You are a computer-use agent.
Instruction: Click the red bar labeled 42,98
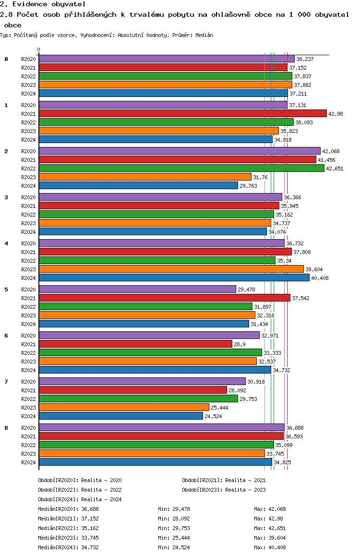(182, 113)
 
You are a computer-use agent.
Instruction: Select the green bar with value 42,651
(181, 168)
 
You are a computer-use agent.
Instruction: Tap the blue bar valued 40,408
(174, 278)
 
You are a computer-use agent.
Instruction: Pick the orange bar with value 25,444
(124, 407)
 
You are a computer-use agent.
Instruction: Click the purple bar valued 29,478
(137, 289)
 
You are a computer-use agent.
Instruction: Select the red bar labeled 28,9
(135, 344)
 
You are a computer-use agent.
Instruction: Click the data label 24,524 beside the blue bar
(214, 416)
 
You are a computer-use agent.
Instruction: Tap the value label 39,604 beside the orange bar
(314, 269)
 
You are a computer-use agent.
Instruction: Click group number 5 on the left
(6, 290)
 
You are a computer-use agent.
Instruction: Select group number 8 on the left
(6, 428)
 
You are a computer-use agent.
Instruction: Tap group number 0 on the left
(6, 59)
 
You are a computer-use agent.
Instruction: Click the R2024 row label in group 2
(29, 186)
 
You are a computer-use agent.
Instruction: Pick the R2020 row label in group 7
(29, 382)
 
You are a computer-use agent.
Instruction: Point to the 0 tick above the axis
(39, 49)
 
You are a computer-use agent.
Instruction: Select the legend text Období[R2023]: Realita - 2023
(224, 490)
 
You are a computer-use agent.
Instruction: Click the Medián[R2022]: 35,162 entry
(69, 528)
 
